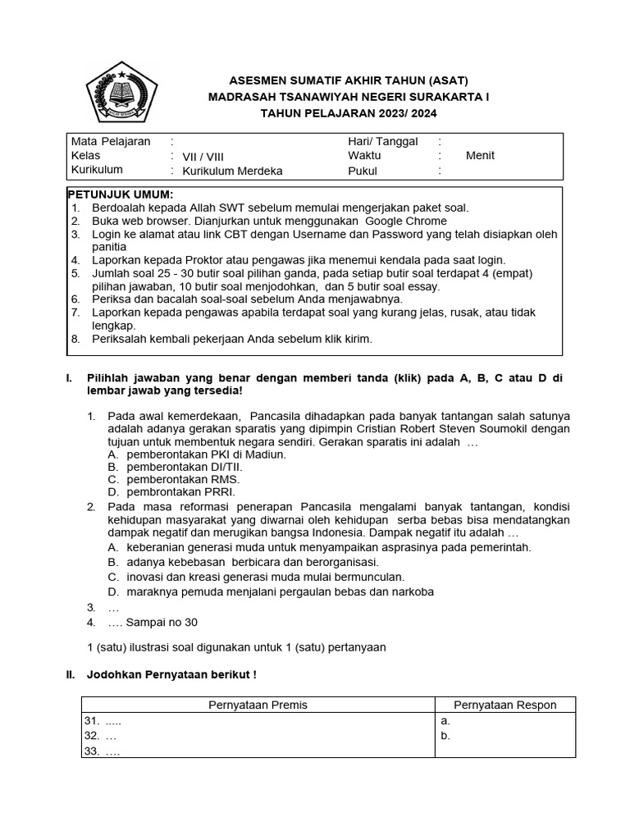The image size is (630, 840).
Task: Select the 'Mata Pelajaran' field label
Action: (111, 141)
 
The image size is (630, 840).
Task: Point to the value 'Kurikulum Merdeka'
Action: (232, 171)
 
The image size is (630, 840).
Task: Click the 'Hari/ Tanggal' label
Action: (382, 141)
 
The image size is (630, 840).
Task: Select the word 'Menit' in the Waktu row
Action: (480, 156)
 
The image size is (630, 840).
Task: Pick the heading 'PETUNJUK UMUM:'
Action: (120, 194)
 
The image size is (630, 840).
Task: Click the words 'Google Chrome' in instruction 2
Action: (406, 221)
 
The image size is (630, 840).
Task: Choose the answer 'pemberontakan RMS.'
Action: (183, 479)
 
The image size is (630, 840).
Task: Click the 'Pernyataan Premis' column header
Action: (258, 705)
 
